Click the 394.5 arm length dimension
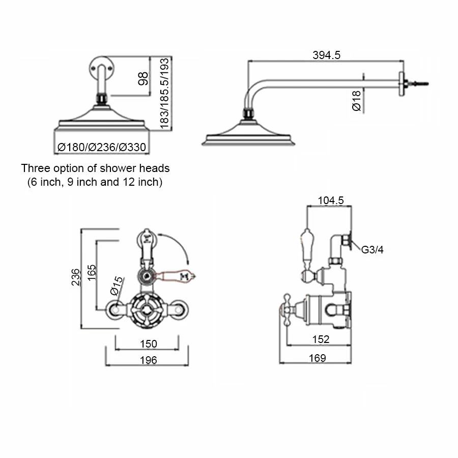tap(326, 55)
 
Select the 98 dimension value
tap(144, 78)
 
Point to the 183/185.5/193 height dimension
tap(165, 93)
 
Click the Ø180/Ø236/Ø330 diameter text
tap(101, 148)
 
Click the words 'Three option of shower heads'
tap(95, 168)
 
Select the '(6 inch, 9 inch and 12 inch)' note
tap(95, 182)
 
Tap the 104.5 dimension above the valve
tap(330, 201)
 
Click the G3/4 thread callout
tap(371, 250)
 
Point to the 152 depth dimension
tap(321, 339)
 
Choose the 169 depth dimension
tap(317, 358)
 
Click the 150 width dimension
tap(148, 344)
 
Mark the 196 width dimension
tap(148, 360)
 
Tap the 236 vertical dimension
tap(76, 277)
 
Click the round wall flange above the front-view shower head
tap(100, 67)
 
